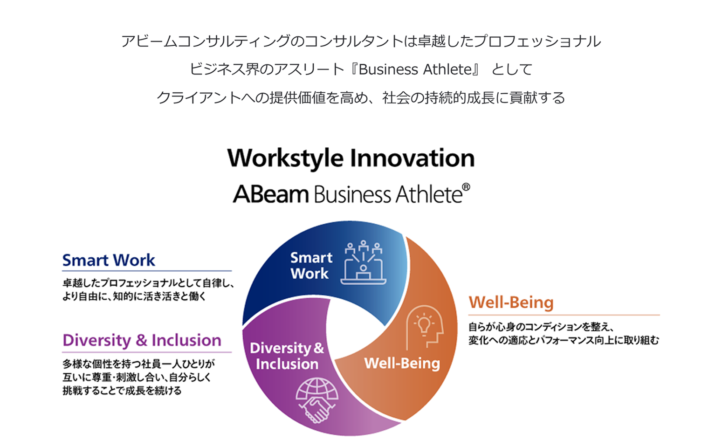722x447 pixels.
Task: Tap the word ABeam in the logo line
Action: coord(271,194)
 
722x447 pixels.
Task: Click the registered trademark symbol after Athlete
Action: coord(466,187)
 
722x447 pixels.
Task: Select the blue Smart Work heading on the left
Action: coord(109,260)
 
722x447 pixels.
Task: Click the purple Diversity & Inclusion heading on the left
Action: coord(142,341)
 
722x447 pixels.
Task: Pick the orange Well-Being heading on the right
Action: coord(511,303)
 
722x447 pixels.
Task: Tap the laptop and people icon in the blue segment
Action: coord(363,262)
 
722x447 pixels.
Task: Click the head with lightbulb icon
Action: coord(425,327)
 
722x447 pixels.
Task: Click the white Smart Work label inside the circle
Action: coord(311,266)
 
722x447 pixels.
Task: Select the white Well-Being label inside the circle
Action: coord(402,364)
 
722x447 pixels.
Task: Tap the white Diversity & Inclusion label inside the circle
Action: coord(287,356)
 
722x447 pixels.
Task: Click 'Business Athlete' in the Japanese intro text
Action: coord(415,69)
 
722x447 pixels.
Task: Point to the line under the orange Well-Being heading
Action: coord(564,315)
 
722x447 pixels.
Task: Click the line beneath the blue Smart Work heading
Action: coord(147,271)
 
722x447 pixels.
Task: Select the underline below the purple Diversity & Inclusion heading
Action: coord(147,352)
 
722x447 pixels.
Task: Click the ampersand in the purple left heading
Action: coord(141,340)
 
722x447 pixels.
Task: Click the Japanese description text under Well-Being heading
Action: coord(564,334)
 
